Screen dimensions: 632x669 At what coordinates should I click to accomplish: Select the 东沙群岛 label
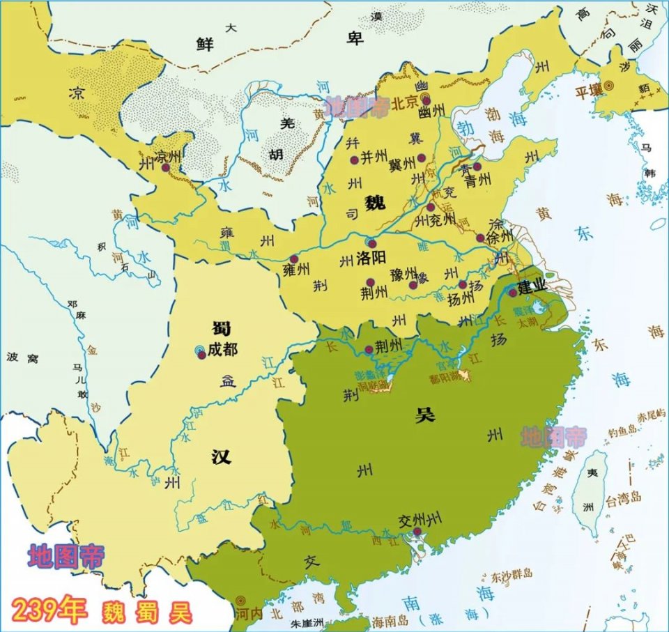[511, 573]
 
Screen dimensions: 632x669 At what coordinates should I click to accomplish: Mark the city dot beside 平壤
[608, 85]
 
